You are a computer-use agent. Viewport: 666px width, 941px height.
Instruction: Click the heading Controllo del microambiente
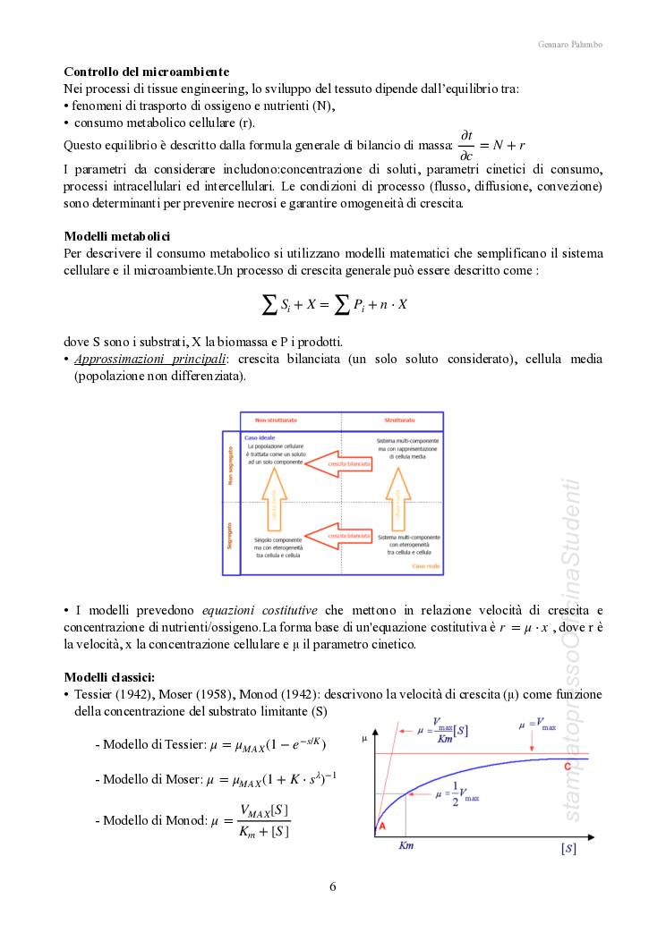click(146, 72)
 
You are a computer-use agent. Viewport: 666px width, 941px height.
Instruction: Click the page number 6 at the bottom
click(333, 887)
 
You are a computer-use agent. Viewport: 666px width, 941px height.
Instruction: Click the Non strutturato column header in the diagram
click(276, 420)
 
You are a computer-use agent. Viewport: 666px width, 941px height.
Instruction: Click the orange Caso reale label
click(424, 566)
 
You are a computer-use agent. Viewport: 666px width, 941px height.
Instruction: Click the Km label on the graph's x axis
click(406, 844)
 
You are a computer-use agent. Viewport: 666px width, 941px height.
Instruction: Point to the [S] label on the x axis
click(568, 847)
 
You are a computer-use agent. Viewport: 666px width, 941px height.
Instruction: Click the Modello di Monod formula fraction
click(264, 821)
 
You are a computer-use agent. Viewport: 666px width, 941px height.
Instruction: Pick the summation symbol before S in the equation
click(269, 304)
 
